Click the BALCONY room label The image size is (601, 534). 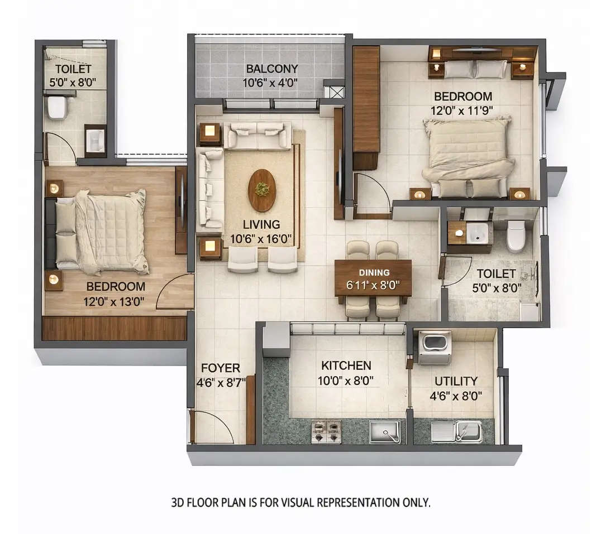(272, 69)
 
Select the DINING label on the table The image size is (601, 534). (374, 273)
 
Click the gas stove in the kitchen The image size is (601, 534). (326, 431)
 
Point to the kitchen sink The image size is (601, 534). (385, 432)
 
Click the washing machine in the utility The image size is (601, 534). (434, 347)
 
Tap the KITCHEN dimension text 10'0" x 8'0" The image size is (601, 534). (346, 381)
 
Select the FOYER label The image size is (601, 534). (221, 368)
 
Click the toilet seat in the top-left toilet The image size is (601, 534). (57, 107)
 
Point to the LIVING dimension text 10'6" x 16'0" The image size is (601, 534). (261, 240)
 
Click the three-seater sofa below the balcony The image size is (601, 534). (257, 136)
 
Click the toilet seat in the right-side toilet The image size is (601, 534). (516, 235)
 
